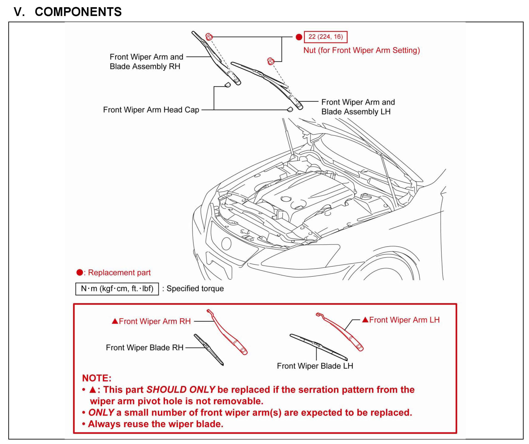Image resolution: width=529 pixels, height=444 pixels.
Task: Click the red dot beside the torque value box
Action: click(299, 37)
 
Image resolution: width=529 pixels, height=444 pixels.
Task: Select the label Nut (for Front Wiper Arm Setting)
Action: click(362, 50)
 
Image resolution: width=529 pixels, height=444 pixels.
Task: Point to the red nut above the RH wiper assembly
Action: click(209, 37)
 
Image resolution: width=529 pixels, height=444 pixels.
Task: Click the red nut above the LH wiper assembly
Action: click(271, 61)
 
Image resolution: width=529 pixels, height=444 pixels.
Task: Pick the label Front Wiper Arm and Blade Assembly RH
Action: click(146, 62)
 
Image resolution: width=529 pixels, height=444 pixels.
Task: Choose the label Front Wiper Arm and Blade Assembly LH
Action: click(358, 107)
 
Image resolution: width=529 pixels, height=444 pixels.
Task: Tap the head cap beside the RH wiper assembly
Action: click(227, 85)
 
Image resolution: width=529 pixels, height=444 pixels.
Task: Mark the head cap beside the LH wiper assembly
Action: click(290, 109)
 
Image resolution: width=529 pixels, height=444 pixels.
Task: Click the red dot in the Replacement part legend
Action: click(80, 273)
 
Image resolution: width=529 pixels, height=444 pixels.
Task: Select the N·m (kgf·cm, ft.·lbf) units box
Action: click(117, 289)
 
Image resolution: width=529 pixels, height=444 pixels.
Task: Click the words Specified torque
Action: click(195, 289)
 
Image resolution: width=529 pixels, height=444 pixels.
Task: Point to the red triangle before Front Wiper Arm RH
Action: click(115, 321)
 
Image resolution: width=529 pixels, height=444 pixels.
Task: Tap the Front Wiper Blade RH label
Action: click(144, 348)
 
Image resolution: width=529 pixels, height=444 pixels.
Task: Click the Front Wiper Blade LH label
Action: click(315, 366)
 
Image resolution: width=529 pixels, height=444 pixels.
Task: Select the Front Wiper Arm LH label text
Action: click(404, 320)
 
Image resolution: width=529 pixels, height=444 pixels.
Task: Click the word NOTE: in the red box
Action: click(97, 378)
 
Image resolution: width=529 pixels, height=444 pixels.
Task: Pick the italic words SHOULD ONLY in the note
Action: click(181, 390)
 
